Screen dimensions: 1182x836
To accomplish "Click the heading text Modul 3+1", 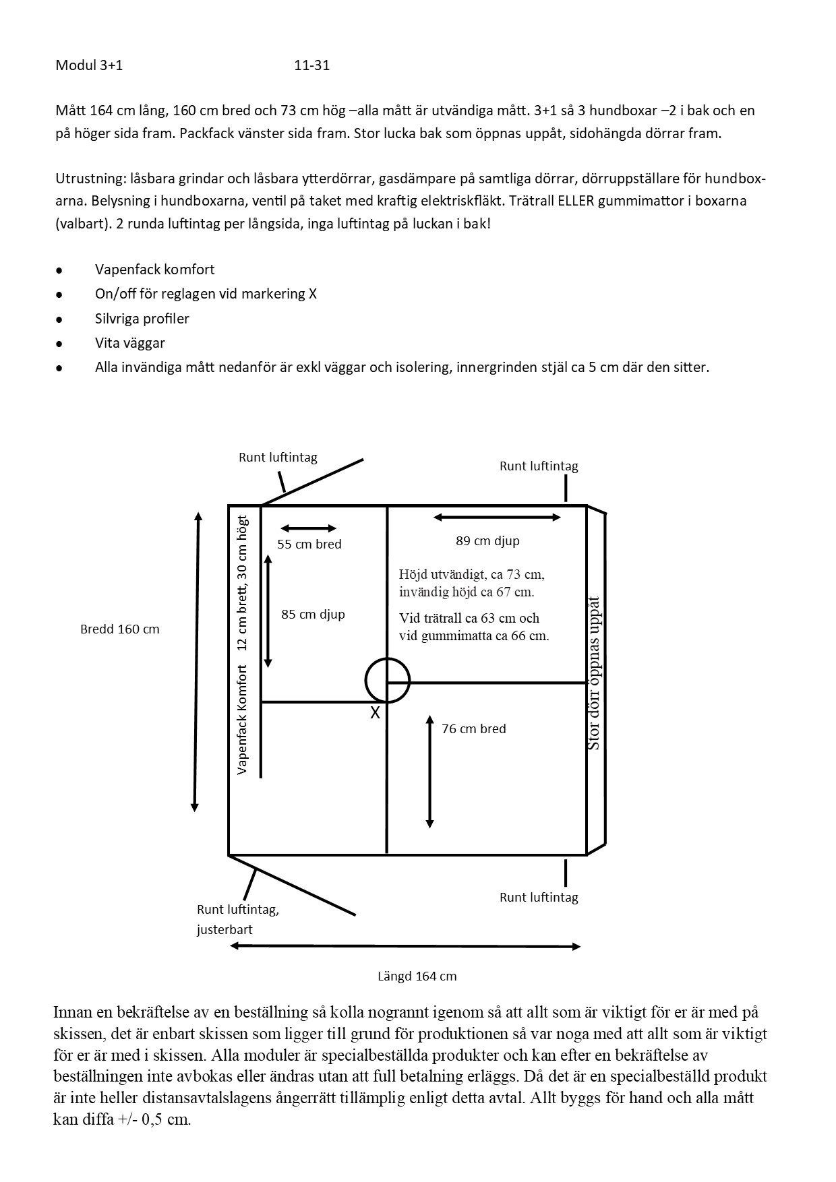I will [89, 65].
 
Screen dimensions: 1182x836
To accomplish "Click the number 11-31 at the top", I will [311, 65].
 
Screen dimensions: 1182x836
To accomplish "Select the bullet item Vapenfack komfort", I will [154, 270].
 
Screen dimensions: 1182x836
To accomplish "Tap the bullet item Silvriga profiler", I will [142, 319].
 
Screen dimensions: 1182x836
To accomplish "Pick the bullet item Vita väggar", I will [129, 343].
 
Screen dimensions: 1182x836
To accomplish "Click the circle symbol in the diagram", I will [388, 681].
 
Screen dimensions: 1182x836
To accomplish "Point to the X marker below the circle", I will [375, 712].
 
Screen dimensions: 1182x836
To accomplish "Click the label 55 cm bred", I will [309, 544].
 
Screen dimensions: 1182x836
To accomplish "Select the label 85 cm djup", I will [313, 614].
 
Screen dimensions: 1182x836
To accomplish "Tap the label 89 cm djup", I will [487, 540].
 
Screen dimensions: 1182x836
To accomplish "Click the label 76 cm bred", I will [473, 728].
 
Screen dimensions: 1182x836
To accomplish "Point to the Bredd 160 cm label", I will [119, 629].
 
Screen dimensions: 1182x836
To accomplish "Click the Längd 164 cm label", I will [416, 976].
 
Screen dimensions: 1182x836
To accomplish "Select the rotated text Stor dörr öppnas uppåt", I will [594, 673].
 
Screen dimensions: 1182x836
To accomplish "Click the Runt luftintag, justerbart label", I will [237, 919].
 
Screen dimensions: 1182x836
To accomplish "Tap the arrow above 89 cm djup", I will [497, 518].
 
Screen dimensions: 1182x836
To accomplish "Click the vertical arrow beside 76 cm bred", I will [429, 772].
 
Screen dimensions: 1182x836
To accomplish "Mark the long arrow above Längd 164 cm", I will [405, 946].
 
